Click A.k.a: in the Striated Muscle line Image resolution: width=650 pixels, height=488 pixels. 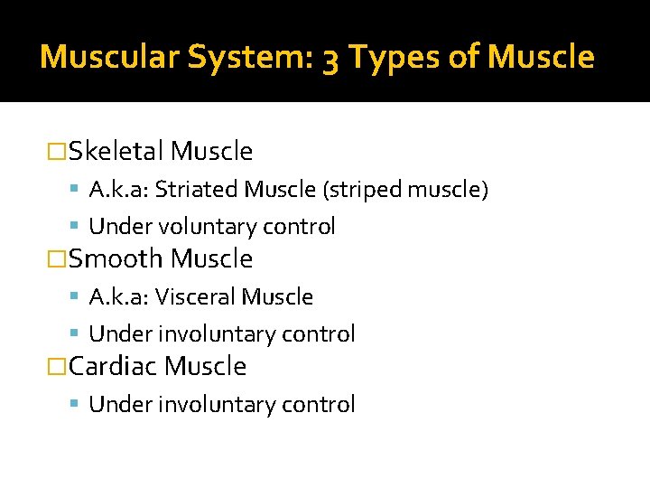[119, 190]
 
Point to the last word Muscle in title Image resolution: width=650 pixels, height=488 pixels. [541, 57]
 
